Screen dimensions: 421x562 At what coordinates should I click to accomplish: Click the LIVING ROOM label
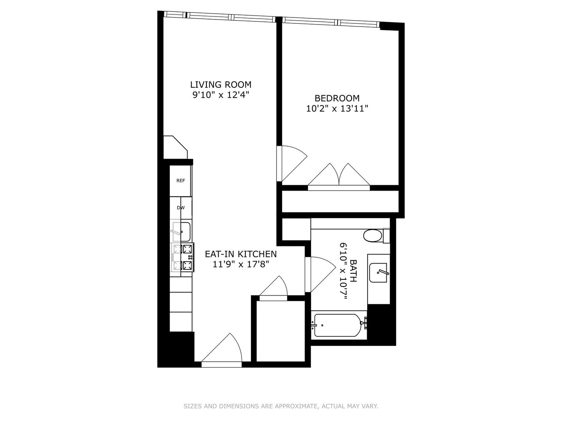tap(221, 85)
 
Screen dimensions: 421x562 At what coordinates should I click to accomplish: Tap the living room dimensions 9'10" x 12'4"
tap(221, 95)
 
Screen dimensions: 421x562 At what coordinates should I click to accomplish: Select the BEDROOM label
tap(337, 98)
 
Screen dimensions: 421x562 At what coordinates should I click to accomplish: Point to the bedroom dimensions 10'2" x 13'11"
tap(337, 108)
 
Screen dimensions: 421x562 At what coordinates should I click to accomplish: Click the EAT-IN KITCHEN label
tap(241, 254)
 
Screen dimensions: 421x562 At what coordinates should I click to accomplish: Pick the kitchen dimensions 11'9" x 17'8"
tap(241, 264)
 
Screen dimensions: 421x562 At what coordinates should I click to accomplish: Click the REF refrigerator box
tap(181, 181)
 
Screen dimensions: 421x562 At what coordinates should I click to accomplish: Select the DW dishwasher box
tap(181, 208)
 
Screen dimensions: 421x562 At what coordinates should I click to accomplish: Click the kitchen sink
tap(181, 232)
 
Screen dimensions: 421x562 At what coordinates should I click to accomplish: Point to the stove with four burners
tap(183, 257)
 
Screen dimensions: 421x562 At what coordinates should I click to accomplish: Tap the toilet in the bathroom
tap(374, 235)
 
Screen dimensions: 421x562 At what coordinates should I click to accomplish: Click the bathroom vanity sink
tap(379, 273)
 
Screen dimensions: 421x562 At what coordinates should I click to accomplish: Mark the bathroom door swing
tap(319, 273)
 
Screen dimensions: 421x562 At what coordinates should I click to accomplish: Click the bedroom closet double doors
tap(339, 176)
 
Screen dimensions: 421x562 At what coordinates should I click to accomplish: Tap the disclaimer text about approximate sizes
tap(281, 406)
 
